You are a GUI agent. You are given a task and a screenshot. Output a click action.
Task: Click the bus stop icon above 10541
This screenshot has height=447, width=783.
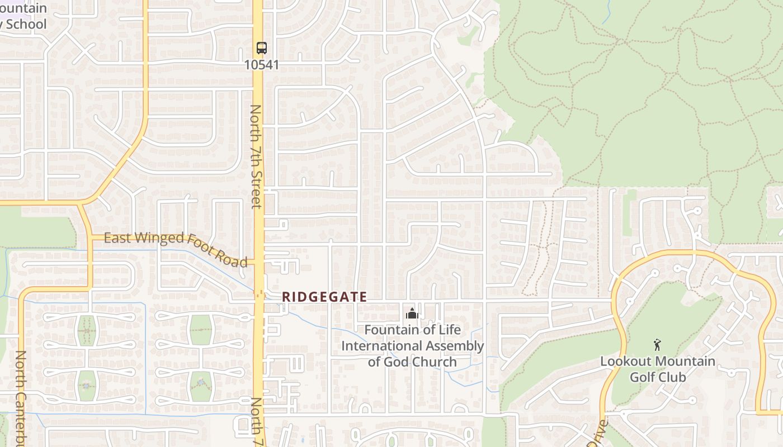click(x=261, y=48)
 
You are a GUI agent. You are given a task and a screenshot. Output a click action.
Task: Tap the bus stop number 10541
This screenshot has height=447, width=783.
click(x=261, y=65)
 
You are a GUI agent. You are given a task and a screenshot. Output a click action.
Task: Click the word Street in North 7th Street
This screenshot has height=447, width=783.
click(x=256, y=188)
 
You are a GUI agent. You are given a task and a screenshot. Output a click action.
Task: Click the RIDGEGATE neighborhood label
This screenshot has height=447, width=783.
click(x=324, y=297)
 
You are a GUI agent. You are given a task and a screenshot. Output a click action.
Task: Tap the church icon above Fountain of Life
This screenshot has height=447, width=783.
click(x=412, y=314)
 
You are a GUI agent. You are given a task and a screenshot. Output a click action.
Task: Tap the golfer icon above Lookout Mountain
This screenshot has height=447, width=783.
click(x=657, y=345)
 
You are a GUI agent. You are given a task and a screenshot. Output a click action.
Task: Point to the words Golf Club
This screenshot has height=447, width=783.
click(x=658, y=377)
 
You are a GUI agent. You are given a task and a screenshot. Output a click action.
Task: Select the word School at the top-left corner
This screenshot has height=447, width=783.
click(x=26, y=24)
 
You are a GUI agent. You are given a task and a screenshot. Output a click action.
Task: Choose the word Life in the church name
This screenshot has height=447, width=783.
click(x=450, y=330)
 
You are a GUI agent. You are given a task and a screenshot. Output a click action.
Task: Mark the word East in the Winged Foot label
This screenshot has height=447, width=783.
click(x=117, y=238)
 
